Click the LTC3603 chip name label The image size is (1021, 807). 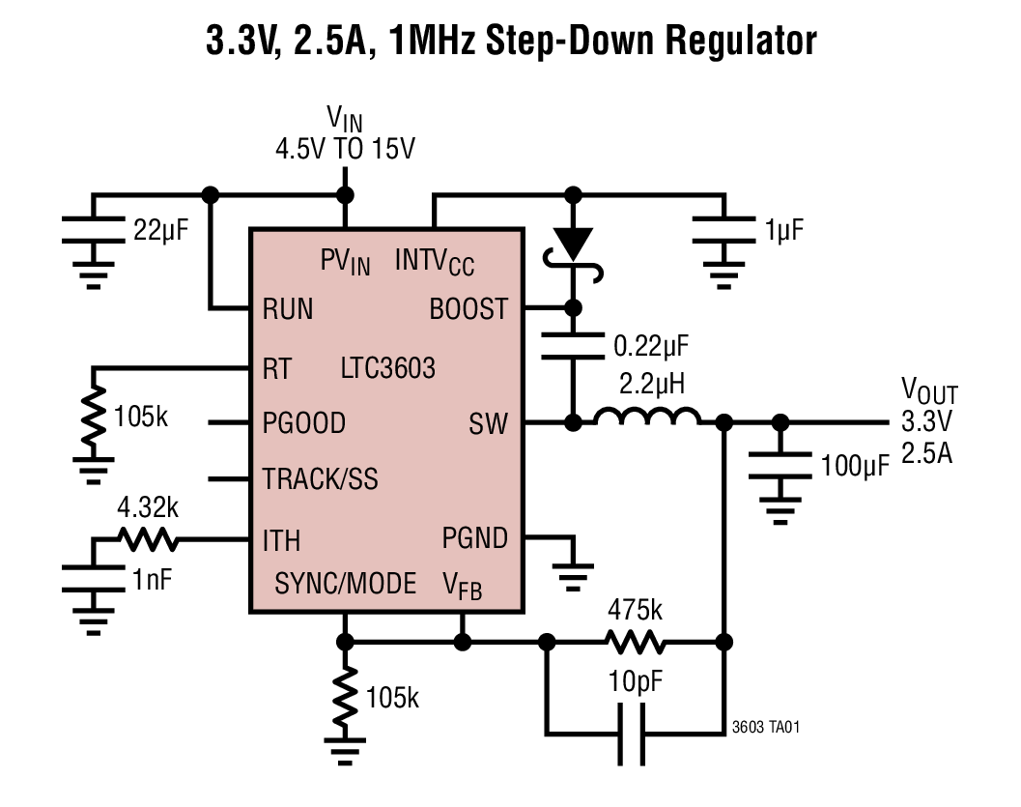pos(387,368)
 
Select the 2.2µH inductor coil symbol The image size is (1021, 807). pos(647,418)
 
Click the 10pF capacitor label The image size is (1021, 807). pos(635,682)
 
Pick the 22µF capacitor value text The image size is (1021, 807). pos(162,229)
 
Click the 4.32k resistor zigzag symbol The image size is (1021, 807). pos(145,538)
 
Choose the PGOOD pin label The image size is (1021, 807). pos(303,423)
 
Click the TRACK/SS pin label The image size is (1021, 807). pos(320,479)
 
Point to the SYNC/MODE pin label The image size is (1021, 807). pos(345,584)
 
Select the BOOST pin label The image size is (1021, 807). pos(468,309)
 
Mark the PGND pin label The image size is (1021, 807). pos(474,537)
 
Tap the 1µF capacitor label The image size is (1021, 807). pos(783,230)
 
